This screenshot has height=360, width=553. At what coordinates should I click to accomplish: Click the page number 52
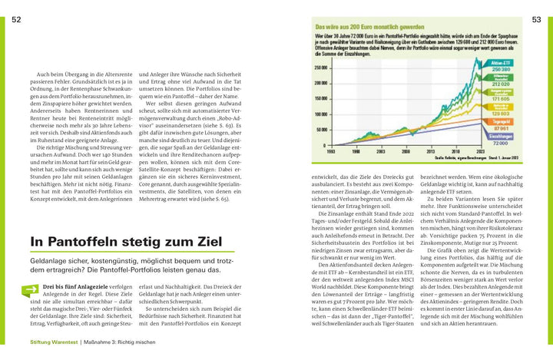[x=16, y=19]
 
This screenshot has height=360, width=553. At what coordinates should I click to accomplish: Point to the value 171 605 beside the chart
[x=501, y=99]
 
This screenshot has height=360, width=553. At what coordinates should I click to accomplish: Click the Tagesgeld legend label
[x=501, y=121]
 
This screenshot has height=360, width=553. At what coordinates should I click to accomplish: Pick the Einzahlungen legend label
[x=501, y=136]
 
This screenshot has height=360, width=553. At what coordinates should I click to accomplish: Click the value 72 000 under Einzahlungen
[x=501, y=143]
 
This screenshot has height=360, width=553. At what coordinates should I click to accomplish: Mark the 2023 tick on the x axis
[x=479, y=152]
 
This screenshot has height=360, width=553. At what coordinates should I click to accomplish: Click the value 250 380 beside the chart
[x=501, y=69]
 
